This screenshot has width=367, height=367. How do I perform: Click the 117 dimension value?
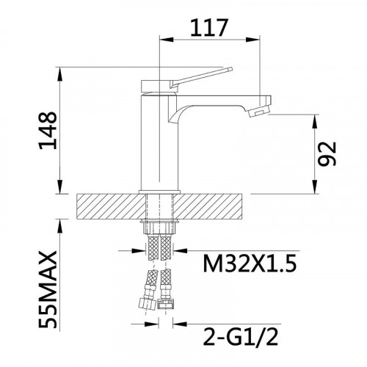(x=209, y=27)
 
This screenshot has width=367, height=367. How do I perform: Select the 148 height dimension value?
(x=48, y=131)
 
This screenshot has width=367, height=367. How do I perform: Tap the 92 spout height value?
(x=327, y=153)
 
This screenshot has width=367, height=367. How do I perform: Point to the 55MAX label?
(x=48, y=289)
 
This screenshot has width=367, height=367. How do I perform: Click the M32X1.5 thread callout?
(x=250, y=264)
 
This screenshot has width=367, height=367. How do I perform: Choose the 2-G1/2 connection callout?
(x=241, y=337)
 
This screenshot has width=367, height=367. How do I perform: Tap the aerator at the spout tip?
(x=259, y=111)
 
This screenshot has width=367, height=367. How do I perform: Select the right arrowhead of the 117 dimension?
(x=252, y=40)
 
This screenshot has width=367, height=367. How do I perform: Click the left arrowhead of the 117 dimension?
(x=167, y=40)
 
